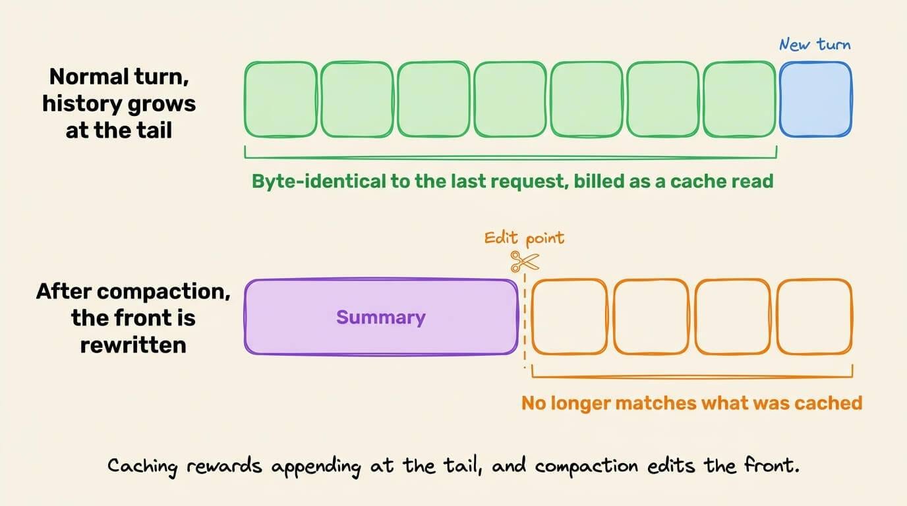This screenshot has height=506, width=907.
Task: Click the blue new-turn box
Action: [x=815, y=99]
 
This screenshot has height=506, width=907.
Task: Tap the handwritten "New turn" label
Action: [x=815, y=44]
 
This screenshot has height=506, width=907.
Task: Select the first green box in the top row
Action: [x=281, y=99]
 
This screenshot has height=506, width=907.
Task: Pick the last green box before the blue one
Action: [x=740, y=99]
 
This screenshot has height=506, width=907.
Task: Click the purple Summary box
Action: [x=381, y=316]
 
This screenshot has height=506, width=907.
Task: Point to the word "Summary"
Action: [x=381, y=317]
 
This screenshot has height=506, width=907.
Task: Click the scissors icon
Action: [x=525, y=262]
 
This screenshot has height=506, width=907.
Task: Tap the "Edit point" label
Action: [x=525, y=238]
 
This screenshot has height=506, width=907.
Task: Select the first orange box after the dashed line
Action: [x=570, y=316]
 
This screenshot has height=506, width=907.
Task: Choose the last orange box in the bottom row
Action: [x=815, y=316]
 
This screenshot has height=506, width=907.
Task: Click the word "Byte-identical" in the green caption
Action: [x=318, y=181]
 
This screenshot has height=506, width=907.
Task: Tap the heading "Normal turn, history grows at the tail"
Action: [x=119, y=103]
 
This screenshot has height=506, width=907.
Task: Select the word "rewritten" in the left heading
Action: [x=133, y=345]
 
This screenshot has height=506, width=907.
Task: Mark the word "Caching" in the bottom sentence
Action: [x=142, y=466]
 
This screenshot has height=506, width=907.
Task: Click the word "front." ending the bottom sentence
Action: [x=772, y=464]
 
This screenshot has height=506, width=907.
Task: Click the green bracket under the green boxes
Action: [x=511, y=157]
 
